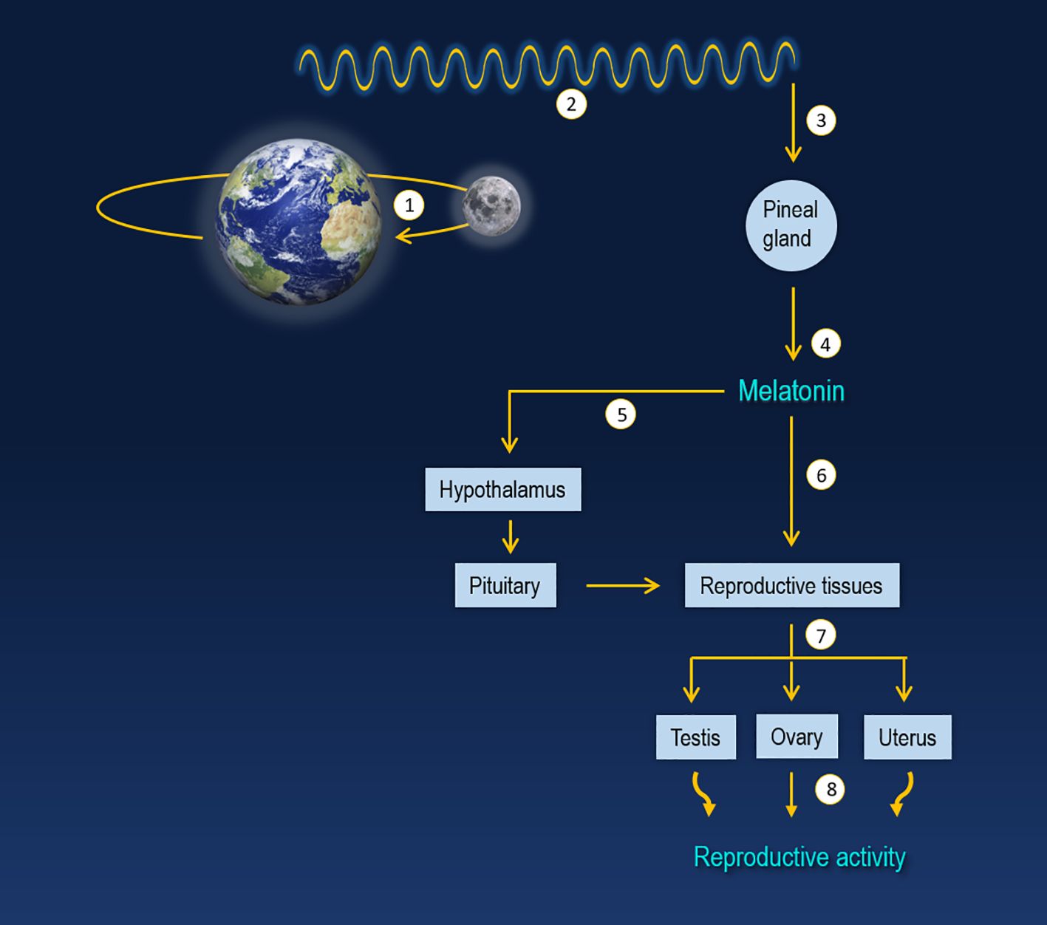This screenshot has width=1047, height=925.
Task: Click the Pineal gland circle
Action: tap(791, 225)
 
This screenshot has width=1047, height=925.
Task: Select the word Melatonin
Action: tap(791, 391)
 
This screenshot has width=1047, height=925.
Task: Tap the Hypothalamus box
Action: tap(502, 489)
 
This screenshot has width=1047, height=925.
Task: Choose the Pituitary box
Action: tap(505, 585)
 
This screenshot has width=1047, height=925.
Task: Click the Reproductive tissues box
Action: tap(791, 585)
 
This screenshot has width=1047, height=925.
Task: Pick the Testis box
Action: tap(695, 737)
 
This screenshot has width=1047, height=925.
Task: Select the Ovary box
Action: tap(797, 736)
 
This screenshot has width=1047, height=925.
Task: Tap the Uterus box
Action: tap(907, 737)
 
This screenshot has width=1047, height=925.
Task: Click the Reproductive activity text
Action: tap(799, 857)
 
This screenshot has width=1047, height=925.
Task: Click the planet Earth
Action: tap(299, 222)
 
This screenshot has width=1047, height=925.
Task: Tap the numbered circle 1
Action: tap(409, 205)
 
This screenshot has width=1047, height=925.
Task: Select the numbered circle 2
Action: tap(571, 104)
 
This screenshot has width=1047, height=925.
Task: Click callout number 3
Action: tap(821, 120)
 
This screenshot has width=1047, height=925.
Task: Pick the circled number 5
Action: tap(621, 414)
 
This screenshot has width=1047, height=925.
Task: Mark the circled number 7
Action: tap(820, 635)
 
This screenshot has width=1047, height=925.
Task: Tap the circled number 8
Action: tap(831, 790)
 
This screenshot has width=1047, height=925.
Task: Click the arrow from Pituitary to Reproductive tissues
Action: tap(622, 586)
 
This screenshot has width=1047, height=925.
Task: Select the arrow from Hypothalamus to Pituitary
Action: tap(510, 536)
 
